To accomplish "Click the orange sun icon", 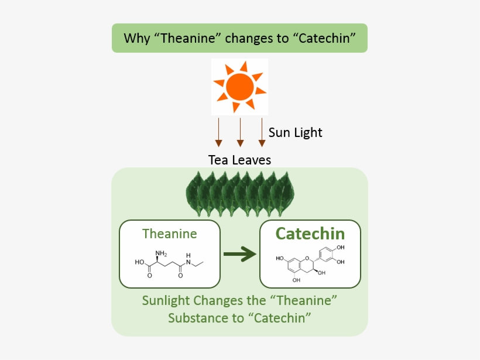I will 239,87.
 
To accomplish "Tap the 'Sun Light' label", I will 295,133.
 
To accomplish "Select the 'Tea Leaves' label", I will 239,159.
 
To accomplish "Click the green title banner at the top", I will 239,39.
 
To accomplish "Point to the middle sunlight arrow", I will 240,132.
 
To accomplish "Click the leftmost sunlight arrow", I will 218,132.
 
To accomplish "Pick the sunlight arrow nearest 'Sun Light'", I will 262,132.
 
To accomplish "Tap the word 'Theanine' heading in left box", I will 170,234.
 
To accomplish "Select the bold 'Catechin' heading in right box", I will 310,234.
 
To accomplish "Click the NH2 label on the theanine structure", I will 161,253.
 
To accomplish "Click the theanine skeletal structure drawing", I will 170,265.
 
